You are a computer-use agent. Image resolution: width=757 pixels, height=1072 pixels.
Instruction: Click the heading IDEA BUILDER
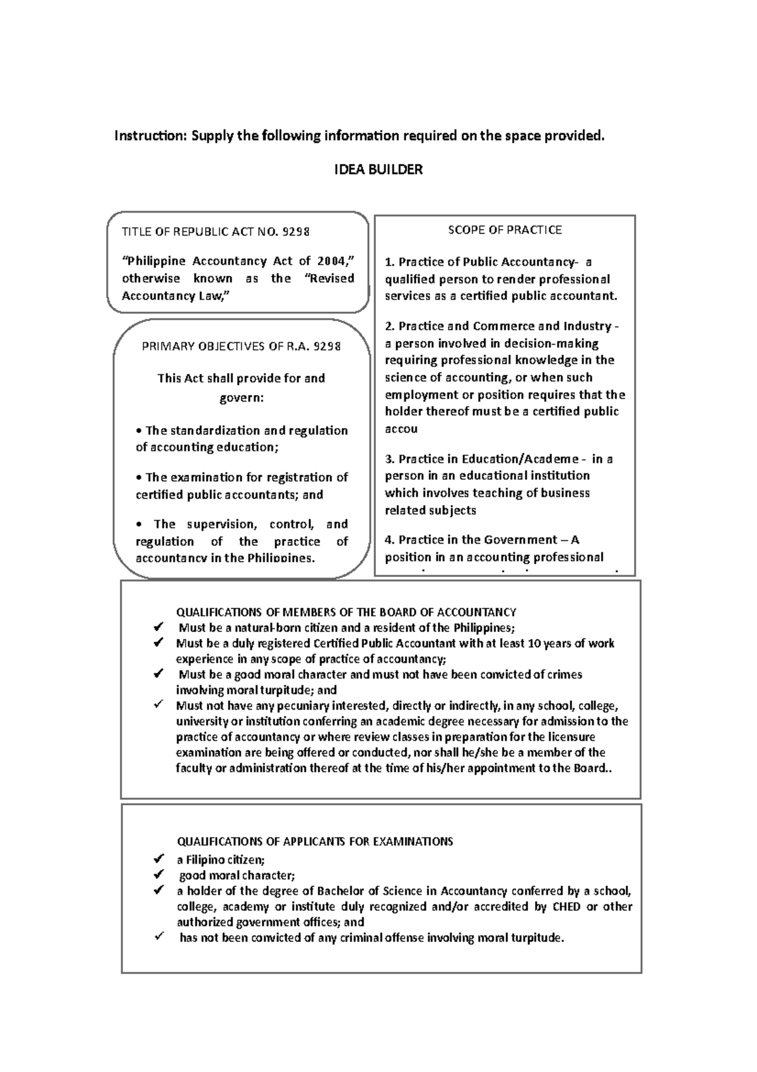378,170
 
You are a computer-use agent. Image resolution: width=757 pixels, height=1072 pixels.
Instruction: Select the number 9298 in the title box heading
296,232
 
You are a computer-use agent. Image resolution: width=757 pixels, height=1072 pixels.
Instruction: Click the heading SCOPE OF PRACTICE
505,230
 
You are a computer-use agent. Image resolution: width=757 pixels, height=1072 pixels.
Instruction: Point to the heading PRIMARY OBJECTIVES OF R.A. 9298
242,347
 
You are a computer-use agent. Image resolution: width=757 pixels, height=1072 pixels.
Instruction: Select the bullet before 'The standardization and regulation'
139,431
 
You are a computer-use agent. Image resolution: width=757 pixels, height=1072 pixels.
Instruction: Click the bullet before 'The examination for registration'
139,478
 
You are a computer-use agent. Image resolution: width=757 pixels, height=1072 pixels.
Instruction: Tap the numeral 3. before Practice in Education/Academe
389,459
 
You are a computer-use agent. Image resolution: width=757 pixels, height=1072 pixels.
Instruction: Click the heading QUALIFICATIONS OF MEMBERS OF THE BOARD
346,612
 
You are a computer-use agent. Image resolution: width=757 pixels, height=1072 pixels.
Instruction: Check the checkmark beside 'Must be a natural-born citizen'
158,628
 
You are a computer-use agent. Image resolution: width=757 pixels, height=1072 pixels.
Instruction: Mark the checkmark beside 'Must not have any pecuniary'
158,705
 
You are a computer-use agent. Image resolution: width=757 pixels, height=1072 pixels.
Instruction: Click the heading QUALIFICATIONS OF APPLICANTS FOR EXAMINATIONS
315,842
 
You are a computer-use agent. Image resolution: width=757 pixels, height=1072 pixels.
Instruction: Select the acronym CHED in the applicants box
567,907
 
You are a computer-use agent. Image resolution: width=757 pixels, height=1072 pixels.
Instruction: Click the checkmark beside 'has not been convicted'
158,937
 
